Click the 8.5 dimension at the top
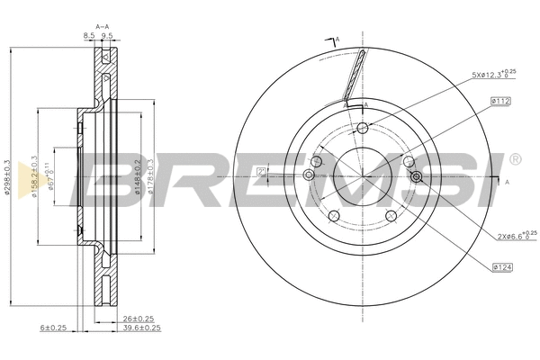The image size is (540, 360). (x=88, y=35)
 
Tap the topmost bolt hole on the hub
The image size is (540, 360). (x=362, y=129)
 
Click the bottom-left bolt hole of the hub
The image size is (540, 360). (x=332, y=215)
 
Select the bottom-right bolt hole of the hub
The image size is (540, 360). (x=391, y=215)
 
